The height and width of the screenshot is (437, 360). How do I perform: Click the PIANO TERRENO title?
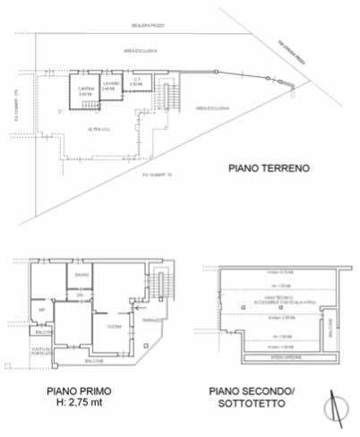[x=269, y=167]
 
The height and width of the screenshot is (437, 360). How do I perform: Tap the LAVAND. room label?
[x=110, y=85]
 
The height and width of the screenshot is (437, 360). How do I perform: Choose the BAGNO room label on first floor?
[x=81, y=274]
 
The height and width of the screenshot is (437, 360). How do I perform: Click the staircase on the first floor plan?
[x=161, y=285]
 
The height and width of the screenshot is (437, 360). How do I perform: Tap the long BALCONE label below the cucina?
[x=95, y=360]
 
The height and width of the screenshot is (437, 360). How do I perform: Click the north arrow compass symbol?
[x=336, y=405]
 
